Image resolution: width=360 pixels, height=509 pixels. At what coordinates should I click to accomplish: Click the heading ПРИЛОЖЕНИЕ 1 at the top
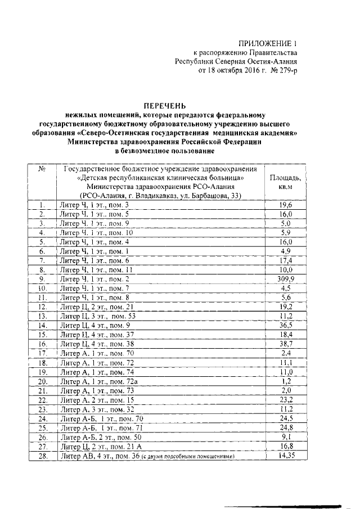[268, 43]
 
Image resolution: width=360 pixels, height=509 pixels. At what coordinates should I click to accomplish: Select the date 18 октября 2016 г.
[232, 71]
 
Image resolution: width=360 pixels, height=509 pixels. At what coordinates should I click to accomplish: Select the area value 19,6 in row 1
[285, 205]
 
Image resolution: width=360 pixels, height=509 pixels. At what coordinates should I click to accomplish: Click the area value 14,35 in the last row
[285, 457]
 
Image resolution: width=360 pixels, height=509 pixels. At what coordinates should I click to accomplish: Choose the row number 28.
[42, 457]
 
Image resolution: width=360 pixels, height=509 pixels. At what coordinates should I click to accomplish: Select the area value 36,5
[285, 325]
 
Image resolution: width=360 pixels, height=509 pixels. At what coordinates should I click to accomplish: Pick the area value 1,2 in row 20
[285, 381]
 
